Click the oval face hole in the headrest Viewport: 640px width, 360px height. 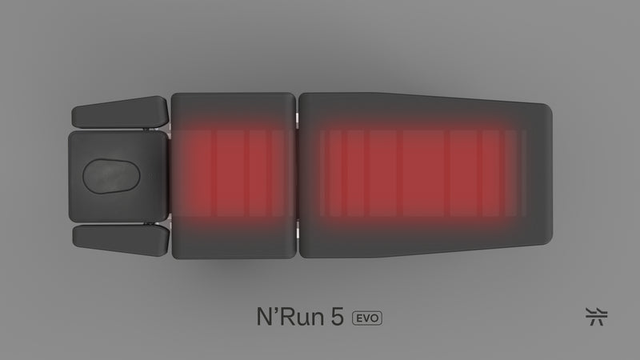point(113,175)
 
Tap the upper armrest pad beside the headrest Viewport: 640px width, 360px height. point(119,112)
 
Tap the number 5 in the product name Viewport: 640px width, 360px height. point(337,316)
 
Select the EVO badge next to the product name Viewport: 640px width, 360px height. point(367,317)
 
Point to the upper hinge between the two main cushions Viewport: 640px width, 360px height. point(296,118)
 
